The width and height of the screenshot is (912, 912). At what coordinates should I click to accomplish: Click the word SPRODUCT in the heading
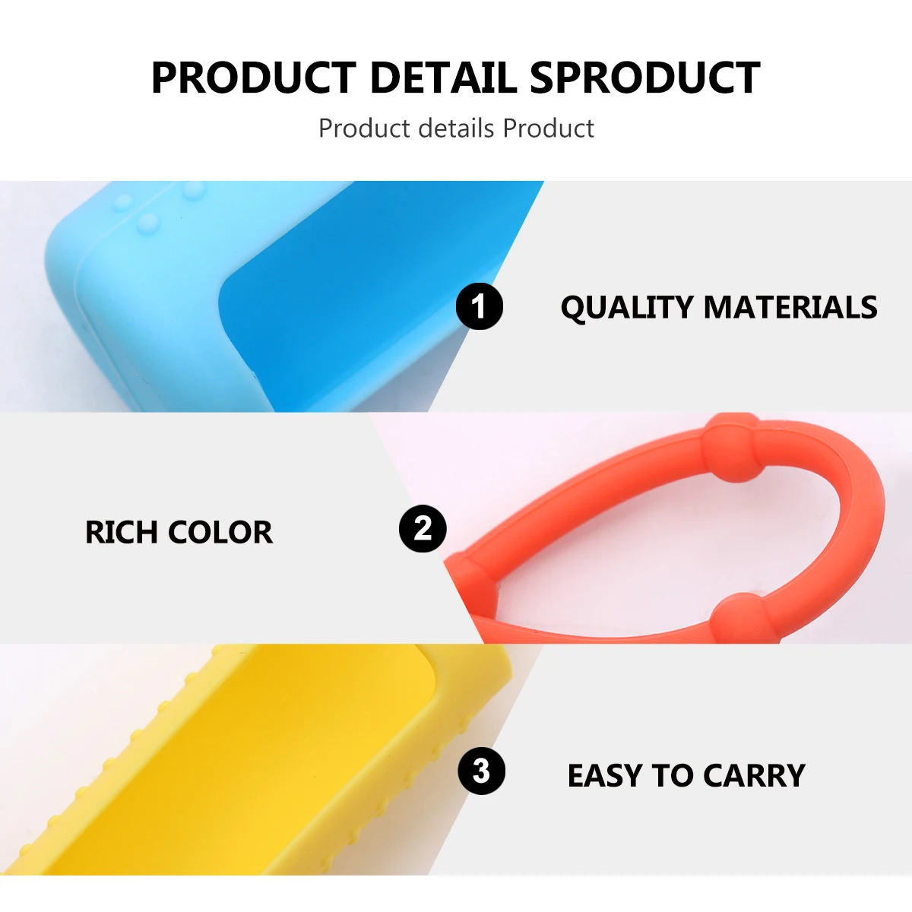[644, 78]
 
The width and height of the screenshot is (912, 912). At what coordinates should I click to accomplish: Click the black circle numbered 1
[479, 307]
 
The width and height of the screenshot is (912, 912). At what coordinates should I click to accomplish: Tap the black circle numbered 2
[423, 528]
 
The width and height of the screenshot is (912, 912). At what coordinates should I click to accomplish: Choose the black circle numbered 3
[481, 771]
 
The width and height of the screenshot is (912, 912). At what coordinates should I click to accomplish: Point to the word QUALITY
[626, 308]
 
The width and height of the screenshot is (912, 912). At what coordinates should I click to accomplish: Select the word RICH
[122, 533]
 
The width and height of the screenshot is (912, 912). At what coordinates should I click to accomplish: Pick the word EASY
[605, 776]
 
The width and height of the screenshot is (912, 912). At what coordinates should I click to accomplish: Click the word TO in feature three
[672, 776]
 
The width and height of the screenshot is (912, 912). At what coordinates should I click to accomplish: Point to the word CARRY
[754, 776]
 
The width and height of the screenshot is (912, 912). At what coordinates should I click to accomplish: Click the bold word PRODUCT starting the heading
[254, 78]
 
